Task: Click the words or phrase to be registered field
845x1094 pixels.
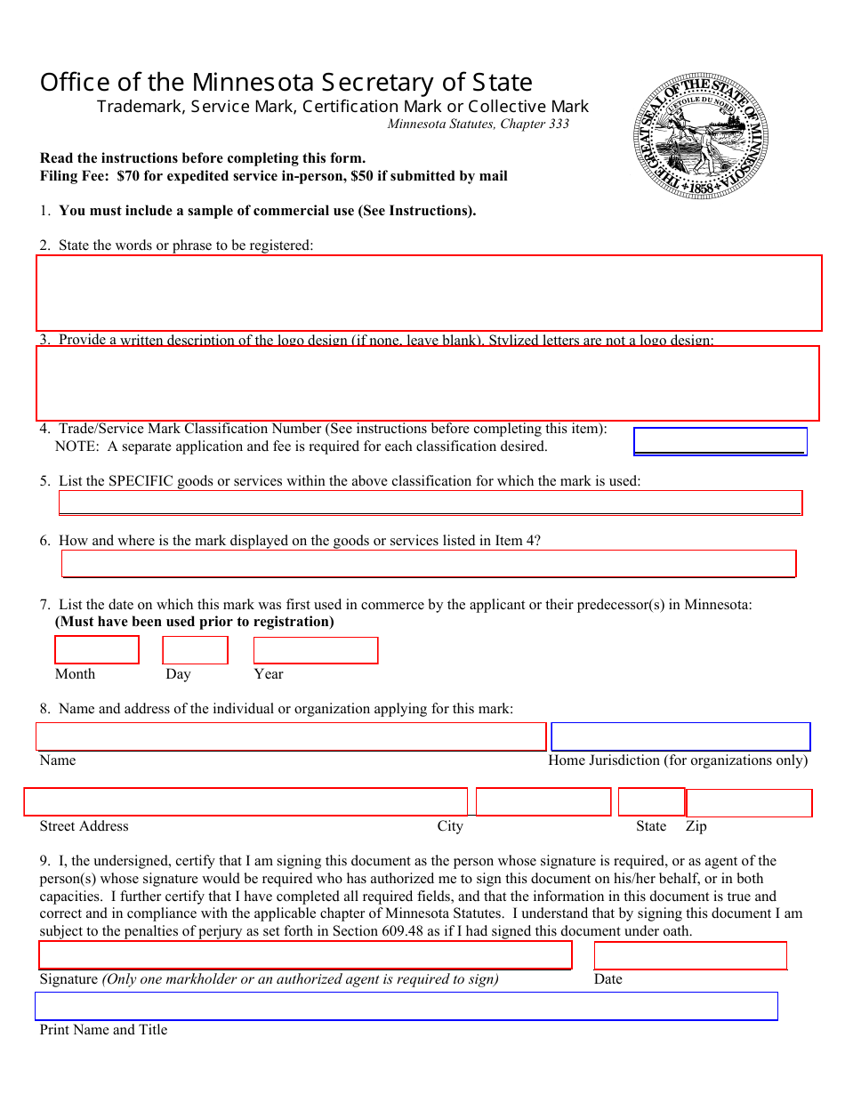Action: click(429, 293)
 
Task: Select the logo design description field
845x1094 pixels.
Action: click(427, 382)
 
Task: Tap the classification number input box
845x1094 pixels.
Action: click(720, 441)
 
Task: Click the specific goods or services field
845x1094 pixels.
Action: click(431, 503)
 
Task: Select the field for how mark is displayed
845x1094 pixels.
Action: click(428, 563)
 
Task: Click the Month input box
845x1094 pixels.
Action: click(97, 649)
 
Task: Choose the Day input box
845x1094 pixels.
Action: click(195, 650)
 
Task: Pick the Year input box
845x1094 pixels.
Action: click(316, 650)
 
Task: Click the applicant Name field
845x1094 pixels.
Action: click(291, 736)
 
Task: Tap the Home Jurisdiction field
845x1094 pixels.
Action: click(680, 736)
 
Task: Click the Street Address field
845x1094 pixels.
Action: click(245, 801)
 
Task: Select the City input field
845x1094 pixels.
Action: click(543, 801)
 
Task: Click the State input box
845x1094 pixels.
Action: click(651, 801)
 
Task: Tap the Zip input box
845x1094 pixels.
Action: click(749, 802)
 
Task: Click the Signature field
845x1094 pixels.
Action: click(305, 954)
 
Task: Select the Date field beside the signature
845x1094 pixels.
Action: click(690, 955)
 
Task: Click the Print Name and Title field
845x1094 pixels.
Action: click(406, 1006)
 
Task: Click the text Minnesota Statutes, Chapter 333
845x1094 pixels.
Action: click(478, 125)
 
